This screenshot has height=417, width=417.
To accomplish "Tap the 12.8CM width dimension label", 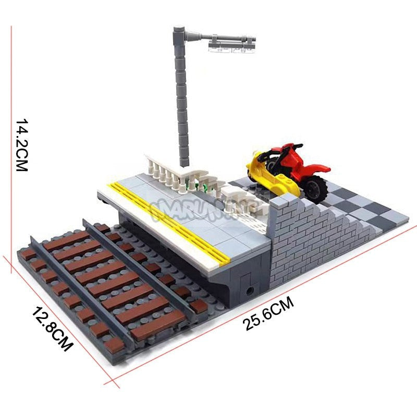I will click(x=52, y=329).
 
